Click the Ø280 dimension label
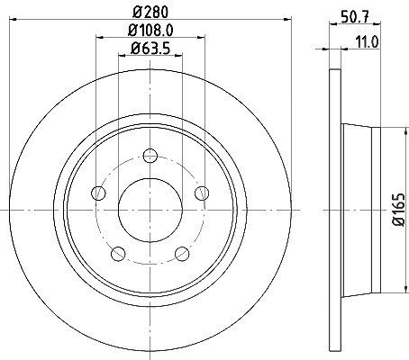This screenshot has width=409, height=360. (150, 13)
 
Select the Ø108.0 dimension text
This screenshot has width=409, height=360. (150, 31)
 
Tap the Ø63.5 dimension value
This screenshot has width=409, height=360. (150, 49)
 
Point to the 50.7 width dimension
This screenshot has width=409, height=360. (355, 16)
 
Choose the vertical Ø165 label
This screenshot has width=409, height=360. (400, 210)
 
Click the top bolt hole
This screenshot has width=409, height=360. (150, 156)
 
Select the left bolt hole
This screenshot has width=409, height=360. (98, 193)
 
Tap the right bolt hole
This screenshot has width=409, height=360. (202, 193)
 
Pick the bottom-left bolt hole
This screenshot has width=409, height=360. (118, 254)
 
